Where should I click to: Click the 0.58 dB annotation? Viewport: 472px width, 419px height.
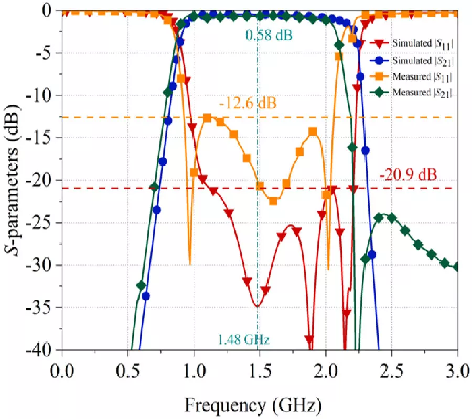click(x=269, y=36)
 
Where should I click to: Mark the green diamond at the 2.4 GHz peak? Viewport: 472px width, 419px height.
click(x=379, y=218)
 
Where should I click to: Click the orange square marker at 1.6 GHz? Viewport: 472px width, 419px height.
click(x=273, y=201)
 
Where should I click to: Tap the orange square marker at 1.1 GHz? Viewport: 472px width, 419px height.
click(x=207, y=118)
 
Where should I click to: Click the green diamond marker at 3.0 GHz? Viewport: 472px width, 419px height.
click(x=457, y=267)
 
